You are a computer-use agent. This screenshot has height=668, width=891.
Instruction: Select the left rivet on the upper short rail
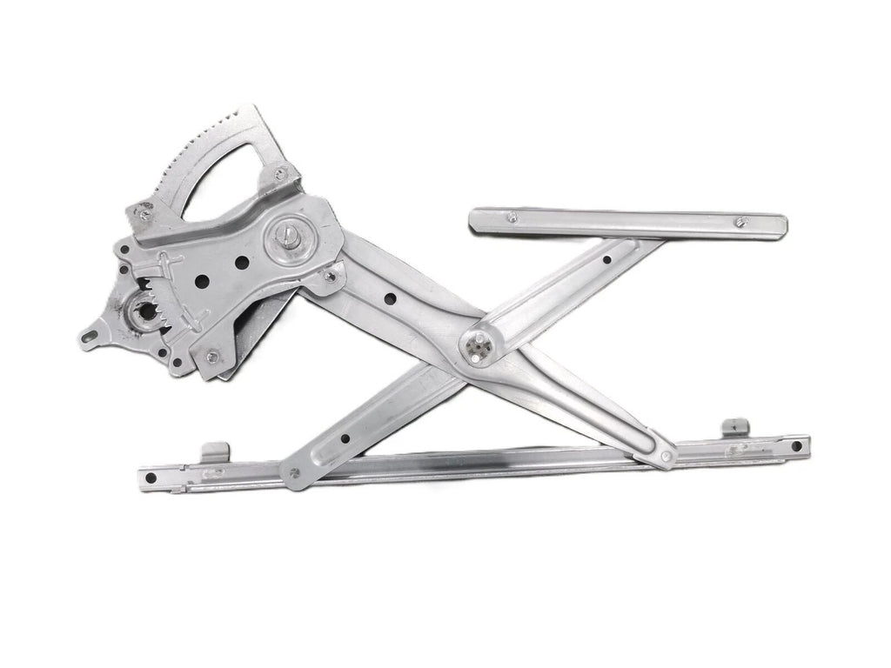[x=512, y=217]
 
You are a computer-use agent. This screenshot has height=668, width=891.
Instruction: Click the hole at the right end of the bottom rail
[x=795, y=446]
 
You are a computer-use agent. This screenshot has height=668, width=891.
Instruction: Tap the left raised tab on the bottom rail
[x=215, y=451]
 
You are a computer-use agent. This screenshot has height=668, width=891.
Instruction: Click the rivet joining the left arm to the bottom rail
[x=295, y=474]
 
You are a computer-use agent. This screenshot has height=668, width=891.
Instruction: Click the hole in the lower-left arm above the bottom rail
[x=346, y=438]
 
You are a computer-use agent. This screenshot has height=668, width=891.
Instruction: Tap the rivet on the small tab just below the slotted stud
[x=330, y=277]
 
